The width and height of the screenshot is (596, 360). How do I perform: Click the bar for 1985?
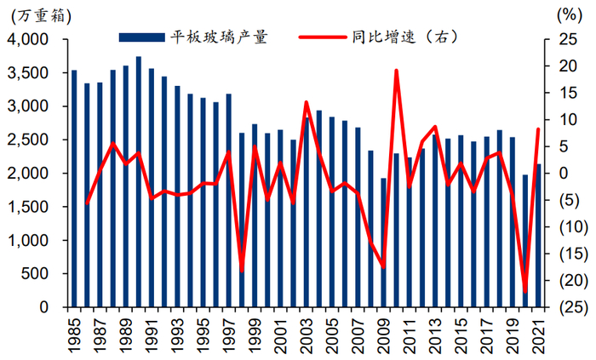pyautogui.click(x=74, y=188)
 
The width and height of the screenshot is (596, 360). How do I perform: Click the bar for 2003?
pyautogui.click(x=307, y=212)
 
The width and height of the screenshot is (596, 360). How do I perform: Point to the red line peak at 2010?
pyautogui.click(x=396, y=71)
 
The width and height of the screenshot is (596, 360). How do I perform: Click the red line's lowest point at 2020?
pyautogui.click(x=524, y=292)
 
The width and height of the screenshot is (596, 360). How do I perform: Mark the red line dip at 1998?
pyautogui.click(x=242, y=271)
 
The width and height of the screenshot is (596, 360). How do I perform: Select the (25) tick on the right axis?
pyautogui.click(x=567, y=307)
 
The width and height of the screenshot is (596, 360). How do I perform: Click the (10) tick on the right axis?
pyautogui.click(x=567, y=227)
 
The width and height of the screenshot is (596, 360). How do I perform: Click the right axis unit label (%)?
pyautogui.click(x=566, y=14)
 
